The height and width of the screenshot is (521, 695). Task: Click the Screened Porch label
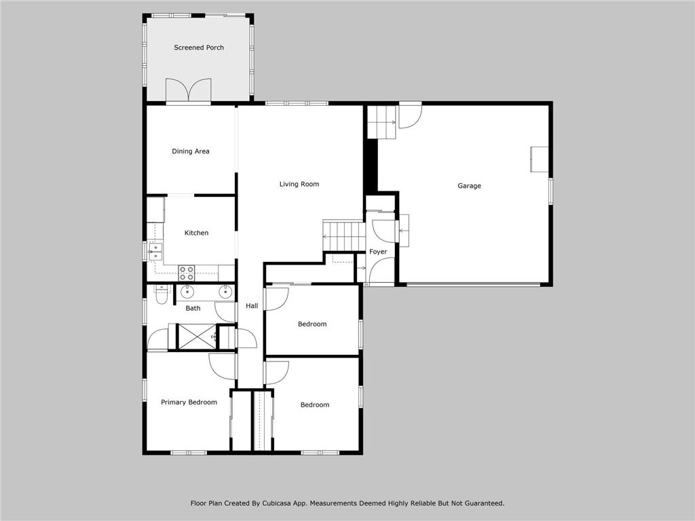pyautogui.click(x=199, y=47)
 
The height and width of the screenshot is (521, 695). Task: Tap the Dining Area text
pyautogui.click(x=190, y=151)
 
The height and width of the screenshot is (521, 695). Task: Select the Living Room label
pyautogui.click(x=299, y=184)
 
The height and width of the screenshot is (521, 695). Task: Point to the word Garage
pyautogui.click(x=469, y=186)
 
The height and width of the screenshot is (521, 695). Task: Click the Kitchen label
pyautogui.click(x=196, y=233)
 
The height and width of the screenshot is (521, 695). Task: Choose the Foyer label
pyautogui.click(x=378, y=252)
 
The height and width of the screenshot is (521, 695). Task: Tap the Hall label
pyautogui.click(x=252, y=306)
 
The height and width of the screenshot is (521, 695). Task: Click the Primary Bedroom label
pyautogui.click(x=189, y=402)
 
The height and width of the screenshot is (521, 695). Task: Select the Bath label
pyautogui.click(x=193, y=308)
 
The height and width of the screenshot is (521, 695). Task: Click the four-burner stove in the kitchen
pyautogui.click(x=187, y=273)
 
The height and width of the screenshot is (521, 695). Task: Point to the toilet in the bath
pyautogui.click(x=161, y=294)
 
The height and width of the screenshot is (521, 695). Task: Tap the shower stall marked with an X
pyautogui.click(x=196, y=337)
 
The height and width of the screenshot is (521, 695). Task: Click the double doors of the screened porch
pyautogui.click(x=189, y=91)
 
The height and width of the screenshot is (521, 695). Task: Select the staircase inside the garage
pyautogui.click(x=381, y=122)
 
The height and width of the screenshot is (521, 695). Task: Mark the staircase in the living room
pyautogui.click(x=344, y=236)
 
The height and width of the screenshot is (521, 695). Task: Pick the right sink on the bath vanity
pyautogui.click(x=225, y=292)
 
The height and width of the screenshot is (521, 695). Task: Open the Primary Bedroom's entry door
pyautogui.click(x=223, y=366)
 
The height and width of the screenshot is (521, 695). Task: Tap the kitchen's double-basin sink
pyautogui.click(x=155, y=252)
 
